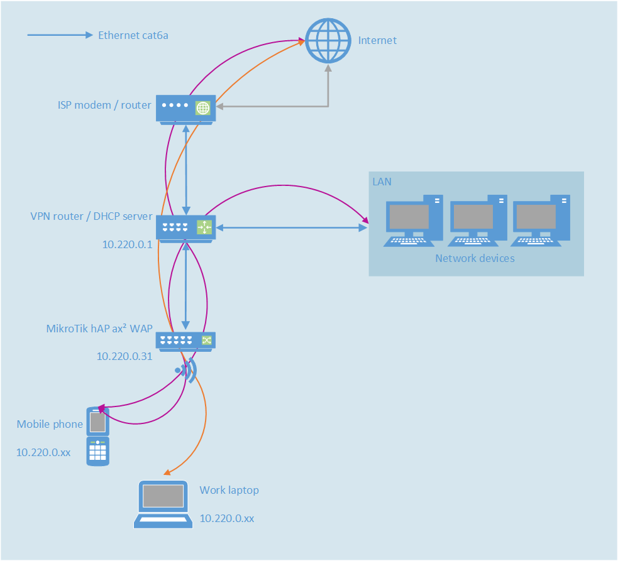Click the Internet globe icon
[x=328, y=40]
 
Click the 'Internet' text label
[x=377, y=40]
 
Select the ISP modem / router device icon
[x=185, y=109]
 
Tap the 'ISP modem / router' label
[x=104, y=105]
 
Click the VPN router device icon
[x=185, y=228]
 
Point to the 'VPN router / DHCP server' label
[x=91, y=216]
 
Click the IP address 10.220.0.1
[x=128, y=244]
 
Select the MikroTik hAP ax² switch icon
[x=185, y=340]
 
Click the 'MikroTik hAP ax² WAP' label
[x=99, y=328]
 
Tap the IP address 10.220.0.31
[x=124, y=356]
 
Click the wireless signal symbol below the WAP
[x=186, y=371]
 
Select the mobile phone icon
[x=97, y=437]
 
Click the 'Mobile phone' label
[x=50, y=424]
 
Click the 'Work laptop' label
[x=229, y=490]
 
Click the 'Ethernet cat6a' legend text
[x=133, y=35]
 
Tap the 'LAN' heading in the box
[x=382, y=182]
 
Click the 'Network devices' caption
[x=475, y=258]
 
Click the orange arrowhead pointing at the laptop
[x=166, y=472]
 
